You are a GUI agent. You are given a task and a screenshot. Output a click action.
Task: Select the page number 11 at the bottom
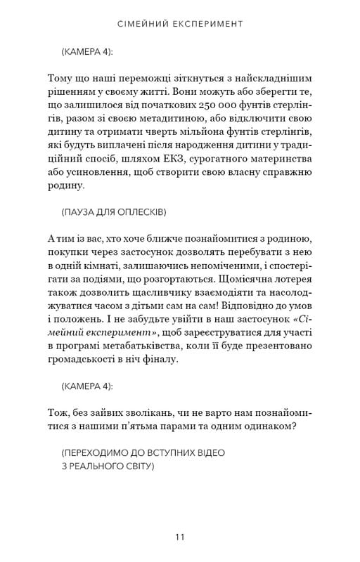click(180, 537)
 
